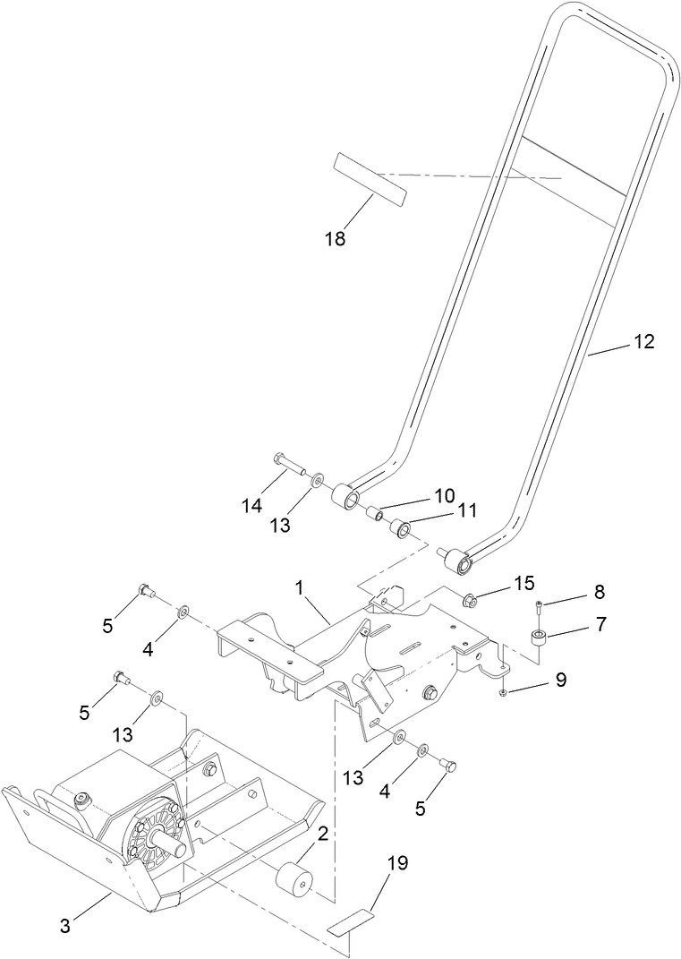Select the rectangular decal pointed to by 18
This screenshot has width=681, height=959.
[x=368, y=177]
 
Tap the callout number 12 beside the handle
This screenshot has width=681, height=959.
[x=643, y=341]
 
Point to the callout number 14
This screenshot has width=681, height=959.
[x=251, y=506]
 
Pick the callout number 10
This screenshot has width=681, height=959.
[x=445, y=494]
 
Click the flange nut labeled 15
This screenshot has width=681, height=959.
[x=467, y=596]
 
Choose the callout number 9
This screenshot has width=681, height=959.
[x=560, y=680]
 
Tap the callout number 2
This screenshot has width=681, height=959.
[x=323, y=835]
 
